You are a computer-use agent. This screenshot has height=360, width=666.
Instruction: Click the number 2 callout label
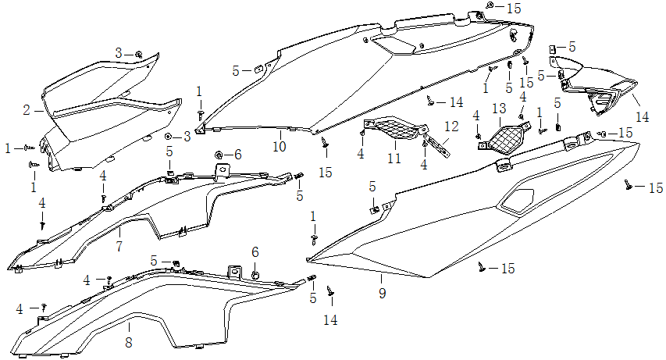27,110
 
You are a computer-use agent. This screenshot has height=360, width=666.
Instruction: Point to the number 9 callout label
382,294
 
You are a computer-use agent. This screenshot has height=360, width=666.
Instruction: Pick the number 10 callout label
279,146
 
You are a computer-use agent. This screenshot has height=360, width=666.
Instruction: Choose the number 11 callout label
394,158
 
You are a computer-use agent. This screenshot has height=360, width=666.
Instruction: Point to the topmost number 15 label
513,8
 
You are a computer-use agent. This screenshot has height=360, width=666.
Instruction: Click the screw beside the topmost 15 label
490,6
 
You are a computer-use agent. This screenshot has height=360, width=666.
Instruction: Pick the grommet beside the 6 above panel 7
219,153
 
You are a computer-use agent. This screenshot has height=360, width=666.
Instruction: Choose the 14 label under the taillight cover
642,117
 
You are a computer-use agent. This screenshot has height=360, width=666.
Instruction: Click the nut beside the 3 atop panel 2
138,54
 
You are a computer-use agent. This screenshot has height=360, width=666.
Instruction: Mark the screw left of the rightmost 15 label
628,184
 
